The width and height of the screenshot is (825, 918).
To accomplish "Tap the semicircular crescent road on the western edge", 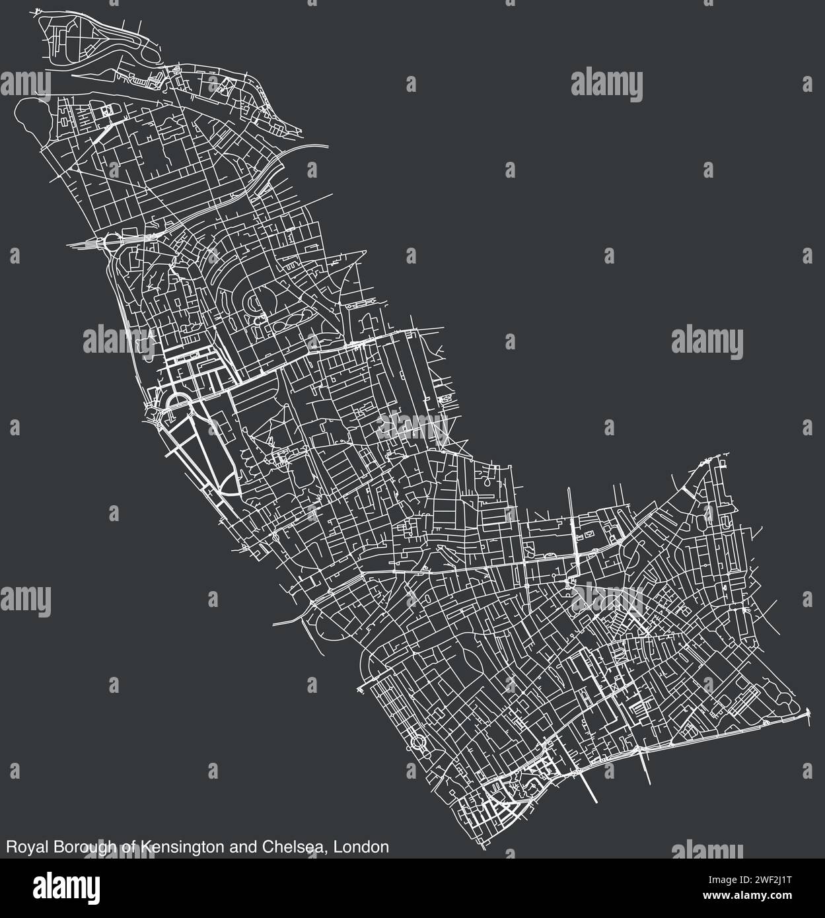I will (x=174, y=403).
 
